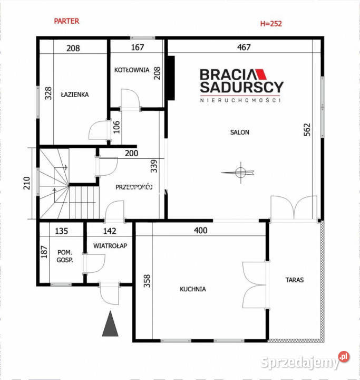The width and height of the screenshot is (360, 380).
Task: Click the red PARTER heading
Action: point(66,21)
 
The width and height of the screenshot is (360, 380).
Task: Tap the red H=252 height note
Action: point(271,24)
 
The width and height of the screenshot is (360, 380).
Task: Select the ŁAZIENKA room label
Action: point(74,94)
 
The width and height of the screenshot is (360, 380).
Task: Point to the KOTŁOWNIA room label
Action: point(132,70)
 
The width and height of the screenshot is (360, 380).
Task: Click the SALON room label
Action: point(239,132)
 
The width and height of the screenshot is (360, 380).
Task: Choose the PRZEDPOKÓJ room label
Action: point(134,187)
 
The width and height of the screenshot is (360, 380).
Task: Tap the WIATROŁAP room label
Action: point(110,246)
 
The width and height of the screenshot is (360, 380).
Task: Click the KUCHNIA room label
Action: point(193,289)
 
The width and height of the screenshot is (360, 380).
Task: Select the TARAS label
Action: point(295,280)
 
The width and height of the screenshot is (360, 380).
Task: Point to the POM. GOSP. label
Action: point(65,256)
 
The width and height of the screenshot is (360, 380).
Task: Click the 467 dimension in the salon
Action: point(244,47)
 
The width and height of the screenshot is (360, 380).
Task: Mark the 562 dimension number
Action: point(307,130)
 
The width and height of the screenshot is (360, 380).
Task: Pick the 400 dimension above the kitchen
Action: point(200,230)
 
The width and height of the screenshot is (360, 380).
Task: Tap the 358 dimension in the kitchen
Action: point(147,281)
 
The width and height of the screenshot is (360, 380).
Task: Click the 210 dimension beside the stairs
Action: point(27,183)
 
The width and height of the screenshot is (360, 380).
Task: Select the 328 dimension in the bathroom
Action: point(48,93)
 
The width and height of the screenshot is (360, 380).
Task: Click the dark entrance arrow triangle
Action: point(110,324)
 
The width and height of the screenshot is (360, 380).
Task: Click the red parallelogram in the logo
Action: point(261,74)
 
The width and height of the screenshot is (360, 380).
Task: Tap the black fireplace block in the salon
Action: point(171,78)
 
